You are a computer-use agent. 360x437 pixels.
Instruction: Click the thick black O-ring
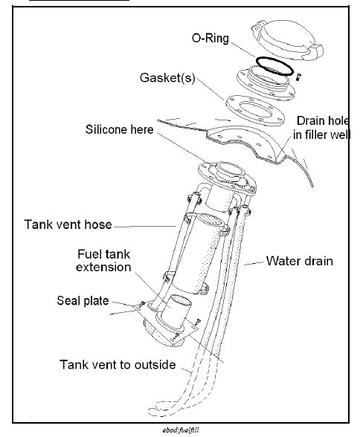(x=273, y=65)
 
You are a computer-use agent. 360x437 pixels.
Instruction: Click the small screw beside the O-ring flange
(x=297, y=77)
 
